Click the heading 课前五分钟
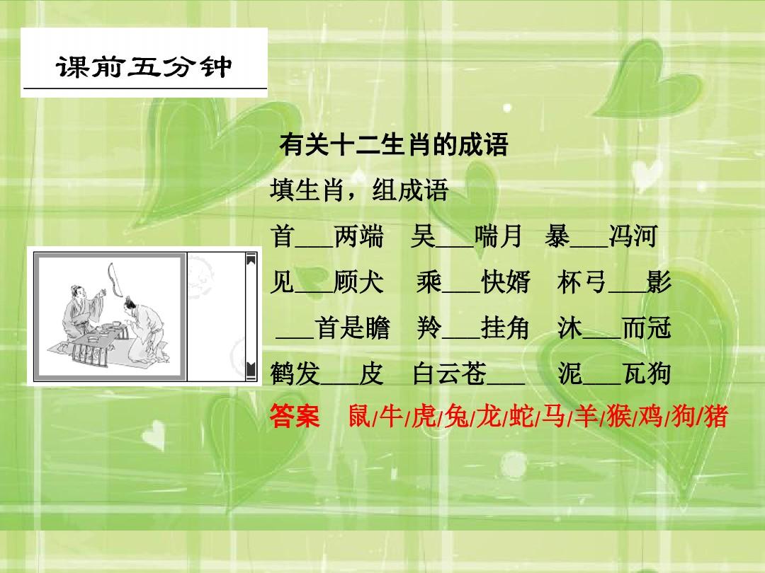144,68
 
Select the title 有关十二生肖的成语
394,146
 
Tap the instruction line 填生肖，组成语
359,190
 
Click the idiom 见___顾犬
327,283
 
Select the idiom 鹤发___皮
327,374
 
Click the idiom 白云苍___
468,374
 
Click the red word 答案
295,417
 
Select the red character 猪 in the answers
716,417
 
